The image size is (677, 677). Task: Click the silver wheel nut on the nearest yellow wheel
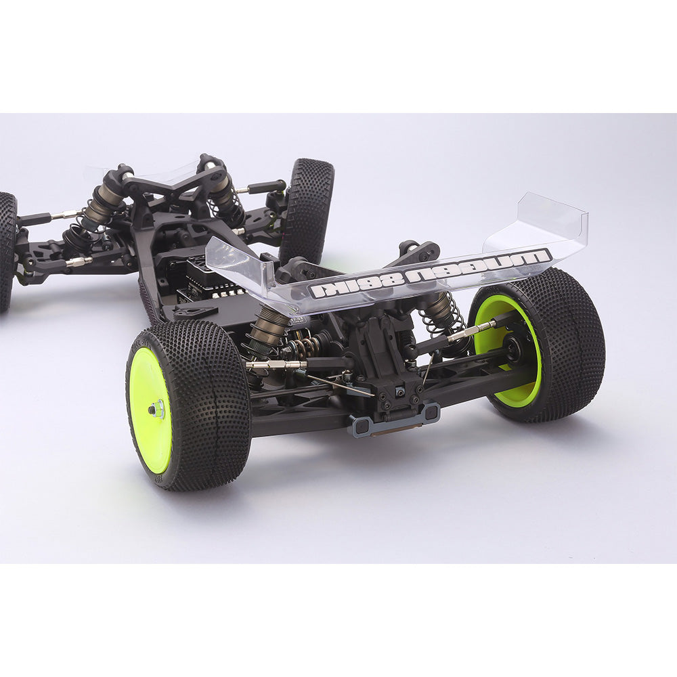pyautogui.click(x=157, y=408)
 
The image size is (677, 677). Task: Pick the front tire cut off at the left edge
pyautogui.click(x=7, y=250)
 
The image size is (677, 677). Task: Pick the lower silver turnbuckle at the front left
pyautogui.click(x=78, y=261)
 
